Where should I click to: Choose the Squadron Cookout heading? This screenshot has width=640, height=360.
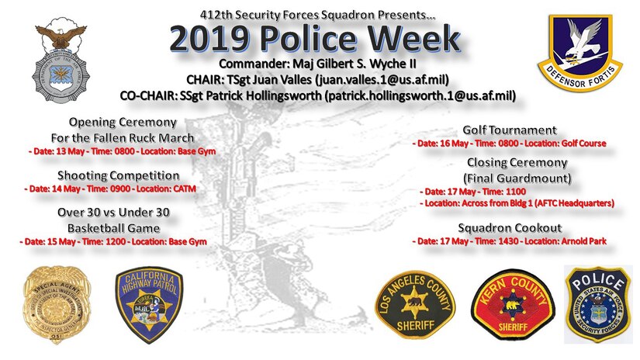coord(510,229)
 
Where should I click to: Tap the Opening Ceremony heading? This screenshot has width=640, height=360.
coord(123,123)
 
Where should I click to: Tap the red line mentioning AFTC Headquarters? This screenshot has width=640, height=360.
coord(517,202)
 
